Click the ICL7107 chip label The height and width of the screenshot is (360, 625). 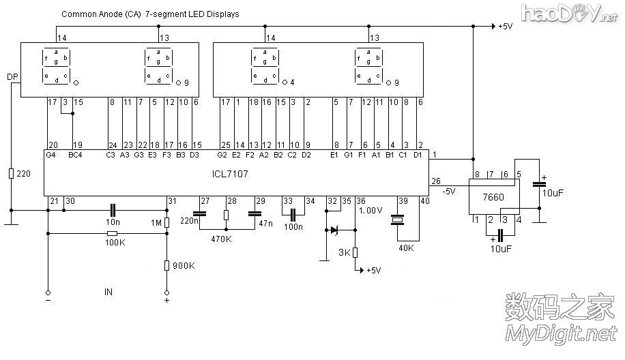(230, 175)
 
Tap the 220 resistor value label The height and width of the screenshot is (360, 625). (24, 174)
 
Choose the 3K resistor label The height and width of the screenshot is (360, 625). (345, 254)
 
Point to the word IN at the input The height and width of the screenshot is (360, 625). (108, 292)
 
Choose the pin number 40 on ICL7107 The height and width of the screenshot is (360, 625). (425, 200)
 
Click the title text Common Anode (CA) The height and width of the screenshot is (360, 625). (102, 14)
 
